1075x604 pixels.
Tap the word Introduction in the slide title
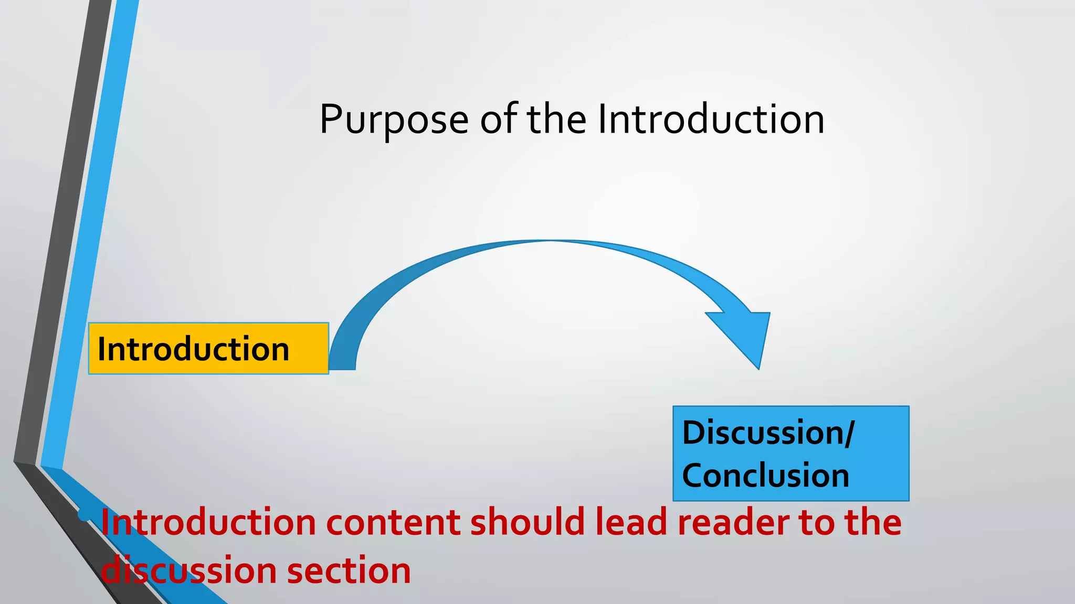point(711,120)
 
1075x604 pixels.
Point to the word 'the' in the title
point(556,120)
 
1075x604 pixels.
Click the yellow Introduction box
point(208,349)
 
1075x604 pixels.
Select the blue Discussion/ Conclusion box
point(791,454)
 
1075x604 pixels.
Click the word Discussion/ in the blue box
point(768,433)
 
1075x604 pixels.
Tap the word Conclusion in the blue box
point(765,476)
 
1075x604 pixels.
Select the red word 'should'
point(527,523)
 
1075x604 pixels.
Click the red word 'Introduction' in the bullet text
point(208,523)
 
